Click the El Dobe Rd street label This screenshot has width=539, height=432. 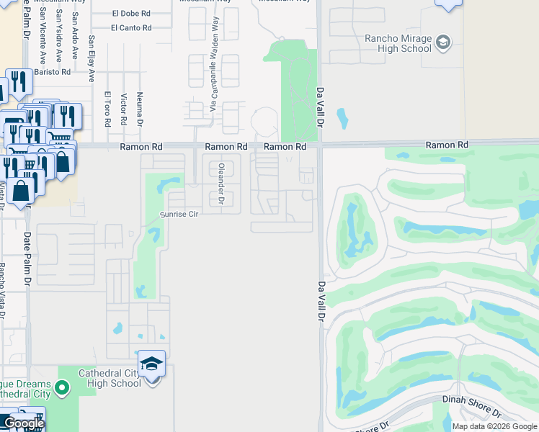point(131,14)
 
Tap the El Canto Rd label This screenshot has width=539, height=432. point(131,28)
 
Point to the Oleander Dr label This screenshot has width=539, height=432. point(221,184)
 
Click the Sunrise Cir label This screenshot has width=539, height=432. point(179,214)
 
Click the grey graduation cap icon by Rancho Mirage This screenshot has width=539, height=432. point(443,42)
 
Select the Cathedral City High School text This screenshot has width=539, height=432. point(110,378)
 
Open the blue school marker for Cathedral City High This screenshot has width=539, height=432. point(151,364)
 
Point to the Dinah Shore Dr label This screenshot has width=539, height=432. point(473,405)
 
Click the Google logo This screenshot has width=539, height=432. point(24,423)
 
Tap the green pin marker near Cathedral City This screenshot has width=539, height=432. point(62,388)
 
